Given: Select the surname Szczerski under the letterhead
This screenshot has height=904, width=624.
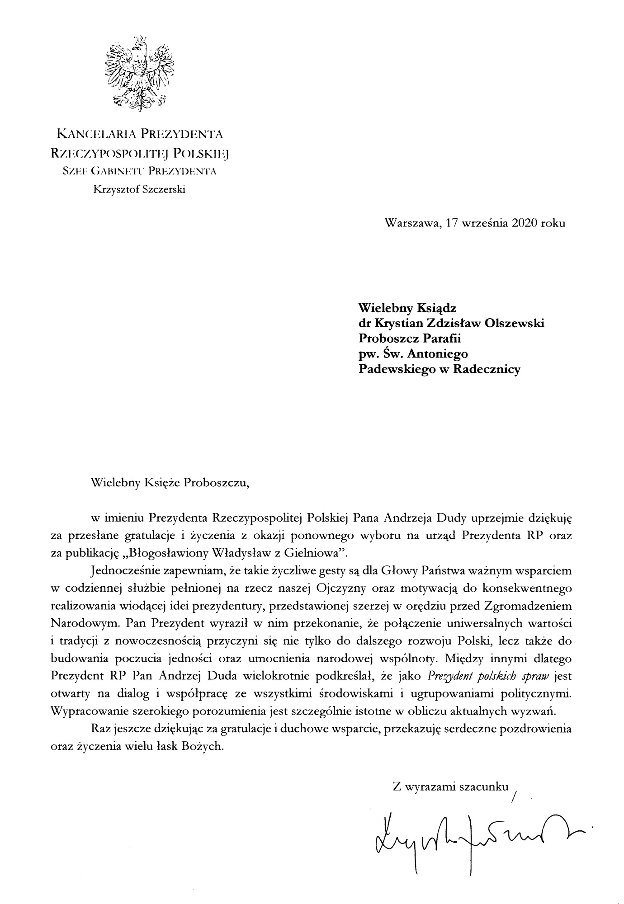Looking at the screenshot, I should [x=164, y=189].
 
